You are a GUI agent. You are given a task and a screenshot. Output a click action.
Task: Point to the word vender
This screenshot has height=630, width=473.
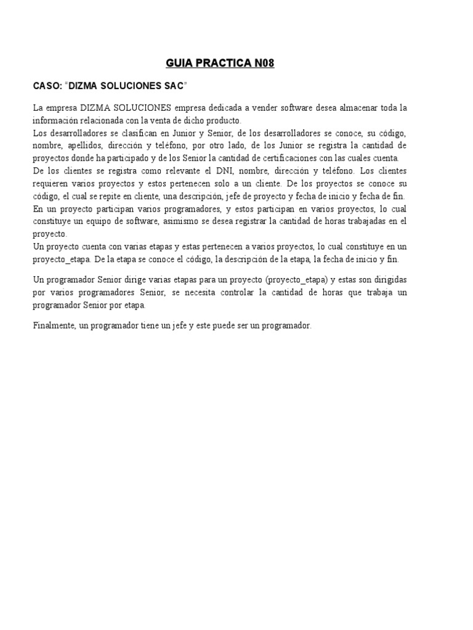tap(267, 108)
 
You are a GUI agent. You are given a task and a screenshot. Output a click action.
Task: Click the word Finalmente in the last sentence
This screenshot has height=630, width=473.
tap(54, 325)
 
